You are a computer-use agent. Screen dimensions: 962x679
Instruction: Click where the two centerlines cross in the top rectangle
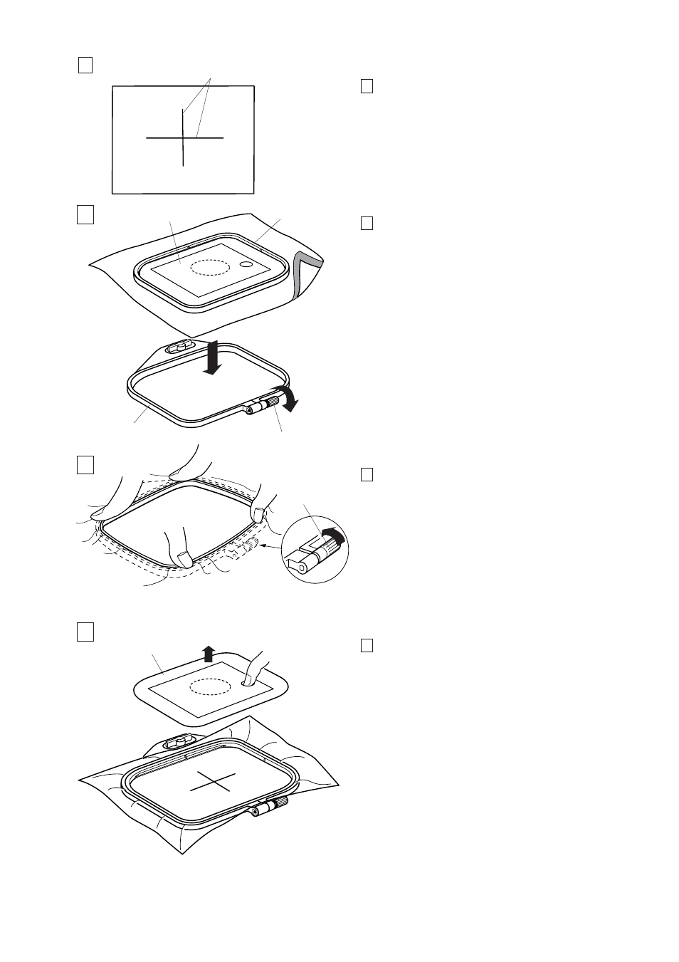[x=184, y=137]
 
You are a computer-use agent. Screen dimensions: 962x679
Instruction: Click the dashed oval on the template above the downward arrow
[x=209, y=266]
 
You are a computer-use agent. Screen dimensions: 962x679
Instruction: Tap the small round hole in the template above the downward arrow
[x=246, y=264]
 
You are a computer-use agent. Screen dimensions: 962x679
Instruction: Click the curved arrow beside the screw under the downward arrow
[x=288, y=398]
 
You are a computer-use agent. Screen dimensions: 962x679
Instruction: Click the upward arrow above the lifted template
[x=208, y=653]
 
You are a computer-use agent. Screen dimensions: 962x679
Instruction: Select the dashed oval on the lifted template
[x=209, y=686]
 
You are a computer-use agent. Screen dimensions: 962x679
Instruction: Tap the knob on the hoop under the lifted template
[x=175, y=743]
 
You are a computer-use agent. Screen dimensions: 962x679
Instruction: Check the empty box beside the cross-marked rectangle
[x=85, y=66]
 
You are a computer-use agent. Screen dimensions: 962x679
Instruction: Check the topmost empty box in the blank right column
[x=367, y=87]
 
